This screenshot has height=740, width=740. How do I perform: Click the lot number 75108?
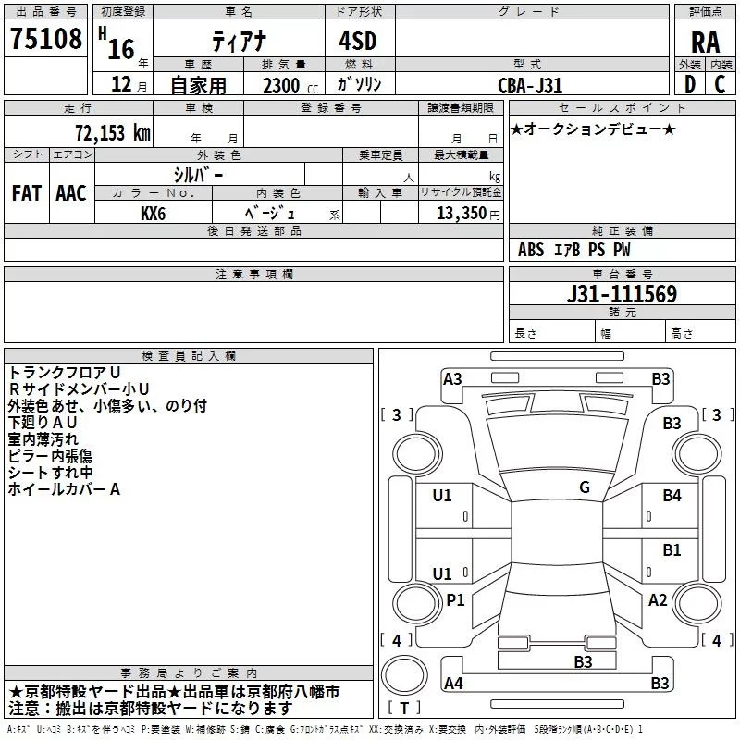coord(45,39)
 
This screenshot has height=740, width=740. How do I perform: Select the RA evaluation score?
coord(705,43)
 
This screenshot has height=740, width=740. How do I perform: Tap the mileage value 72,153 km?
coord(112,133)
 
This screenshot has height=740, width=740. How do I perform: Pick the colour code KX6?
coord(154,213)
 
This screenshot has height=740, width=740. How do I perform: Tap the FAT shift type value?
coord(26,193)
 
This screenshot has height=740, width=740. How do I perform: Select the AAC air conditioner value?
coord(70,193)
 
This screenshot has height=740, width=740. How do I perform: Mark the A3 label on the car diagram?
coord(452,378)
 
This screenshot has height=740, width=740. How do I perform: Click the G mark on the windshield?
coord(584,487)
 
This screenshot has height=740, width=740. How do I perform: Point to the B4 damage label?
coord(672,496)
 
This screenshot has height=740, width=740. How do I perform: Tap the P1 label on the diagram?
coord(455,600)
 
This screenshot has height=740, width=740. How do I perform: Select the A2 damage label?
coord(658,600)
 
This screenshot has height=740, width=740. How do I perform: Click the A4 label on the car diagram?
coord(453,684)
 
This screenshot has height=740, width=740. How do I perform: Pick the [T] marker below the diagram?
coord(403,709)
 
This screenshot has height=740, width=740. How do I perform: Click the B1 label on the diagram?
coord(672,550)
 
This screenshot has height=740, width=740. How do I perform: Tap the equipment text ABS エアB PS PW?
coord(575,250)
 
